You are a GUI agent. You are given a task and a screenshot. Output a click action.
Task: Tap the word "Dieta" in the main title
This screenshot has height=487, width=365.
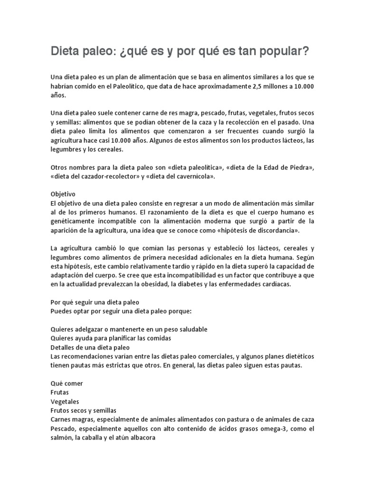pos(66,51)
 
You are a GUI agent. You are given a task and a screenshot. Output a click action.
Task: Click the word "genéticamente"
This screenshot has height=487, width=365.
pos(73,222)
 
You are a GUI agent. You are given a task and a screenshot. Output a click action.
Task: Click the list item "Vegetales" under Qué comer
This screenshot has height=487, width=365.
pos(66,401)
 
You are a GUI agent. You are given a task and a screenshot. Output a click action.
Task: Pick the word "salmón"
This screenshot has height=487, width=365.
pos(62,438)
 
